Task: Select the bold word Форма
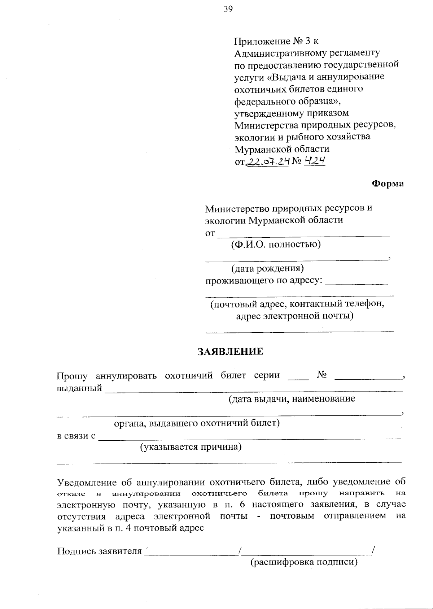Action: (388, 183)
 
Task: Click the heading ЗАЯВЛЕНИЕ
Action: (231, 352)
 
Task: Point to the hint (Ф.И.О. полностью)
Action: (276, 244)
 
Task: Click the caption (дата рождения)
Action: (267, 268)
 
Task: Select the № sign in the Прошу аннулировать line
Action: (322, 375)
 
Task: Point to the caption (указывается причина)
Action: (191, 447)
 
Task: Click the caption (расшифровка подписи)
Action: (304, 562)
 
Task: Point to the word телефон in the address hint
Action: (364, 304)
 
